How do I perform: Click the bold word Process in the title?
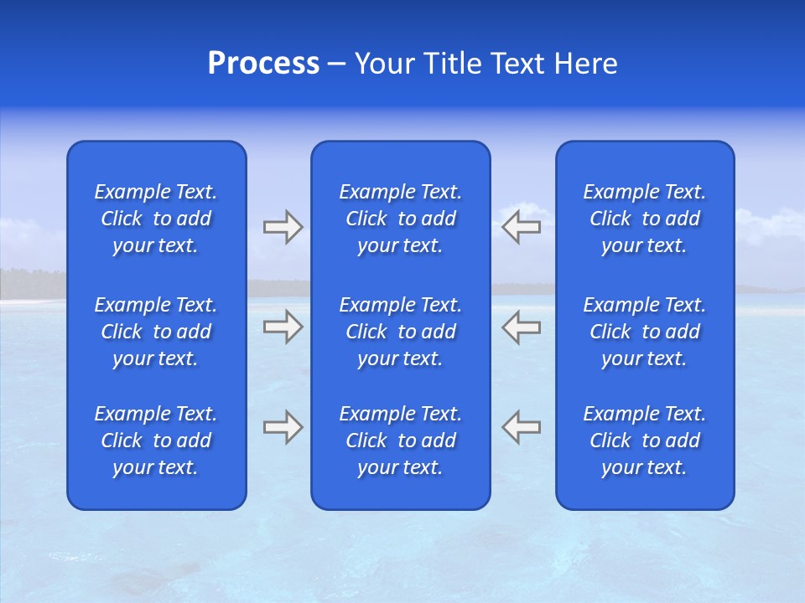click(x=263, y=64)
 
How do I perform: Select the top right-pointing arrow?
click(x=283, y=227)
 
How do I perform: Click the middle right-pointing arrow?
click(x=283, y=326)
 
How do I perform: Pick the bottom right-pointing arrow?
click(x=283, y=426)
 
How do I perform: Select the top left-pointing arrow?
click(x=522, y=227)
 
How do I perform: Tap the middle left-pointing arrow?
click(x=522, y=326)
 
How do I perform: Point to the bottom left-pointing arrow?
click(x=522, y=426)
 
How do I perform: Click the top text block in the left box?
click(x=156, y=219)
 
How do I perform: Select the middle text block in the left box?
click(x=156, y=332)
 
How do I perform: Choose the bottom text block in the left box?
click(x=156, y=441)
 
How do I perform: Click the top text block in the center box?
click(x=401, y=219)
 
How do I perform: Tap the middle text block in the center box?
click(x=401, y=332)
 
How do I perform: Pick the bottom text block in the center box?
click(x=401, y=441)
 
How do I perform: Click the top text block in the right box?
click(x=645, y=219)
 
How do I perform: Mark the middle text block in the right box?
click(x=645, y=332)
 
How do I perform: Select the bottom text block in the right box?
click(x=645, y=441)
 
